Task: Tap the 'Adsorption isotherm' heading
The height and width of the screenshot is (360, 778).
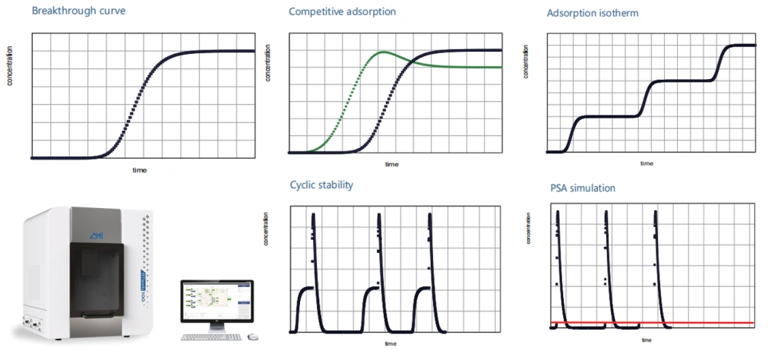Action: click(592, 14)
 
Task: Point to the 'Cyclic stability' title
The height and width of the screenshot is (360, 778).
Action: click(321, 185)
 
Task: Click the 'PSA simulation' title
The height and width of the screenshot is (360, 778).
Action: click(583, 188)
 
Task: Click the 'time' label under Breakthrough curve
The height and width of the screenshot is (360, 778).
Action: click(140, 170)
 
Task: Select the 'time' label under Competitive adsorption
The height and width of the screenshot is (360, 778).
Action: click(391, 164)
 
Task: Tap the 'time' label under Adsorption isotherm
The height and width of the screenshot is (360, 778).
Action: click(647, 163)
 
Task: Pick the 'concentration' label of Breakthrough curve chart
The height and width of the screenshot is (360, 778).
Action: click(10, 66)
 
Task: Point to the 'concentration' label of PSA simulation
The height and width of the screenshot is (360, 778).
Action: click(528, 229)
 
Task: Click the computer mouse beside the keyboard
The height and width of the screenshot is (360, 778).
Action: click(253, 336)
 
